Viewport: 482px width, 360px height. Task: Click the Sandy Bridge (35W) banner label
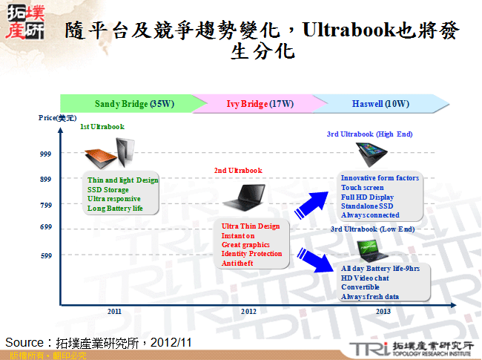click(134, 104)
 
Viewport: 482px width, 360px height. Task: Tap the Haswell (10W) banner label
click(380, 104)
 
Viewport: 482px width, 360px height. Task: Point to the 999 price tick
click(45, 154)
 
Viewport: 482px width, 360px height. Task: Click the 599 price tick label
click(45, 255)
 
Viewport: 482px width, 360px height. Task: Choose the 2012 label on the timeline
click(249, 311)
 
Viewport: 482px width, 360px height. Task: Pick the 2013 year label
click(383, 311)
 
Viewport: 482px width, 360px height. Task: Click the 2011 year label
click(114, 311)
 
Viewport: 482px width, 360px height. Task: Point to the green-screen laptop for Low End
click(369, 249)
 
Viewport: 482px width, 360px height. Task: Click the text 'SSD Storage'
click(108, 189)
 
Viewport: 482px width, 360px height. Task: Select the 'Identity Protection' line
click(251, 254)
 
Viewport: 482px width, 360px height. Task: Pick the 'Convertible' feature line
click(360, 287)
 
